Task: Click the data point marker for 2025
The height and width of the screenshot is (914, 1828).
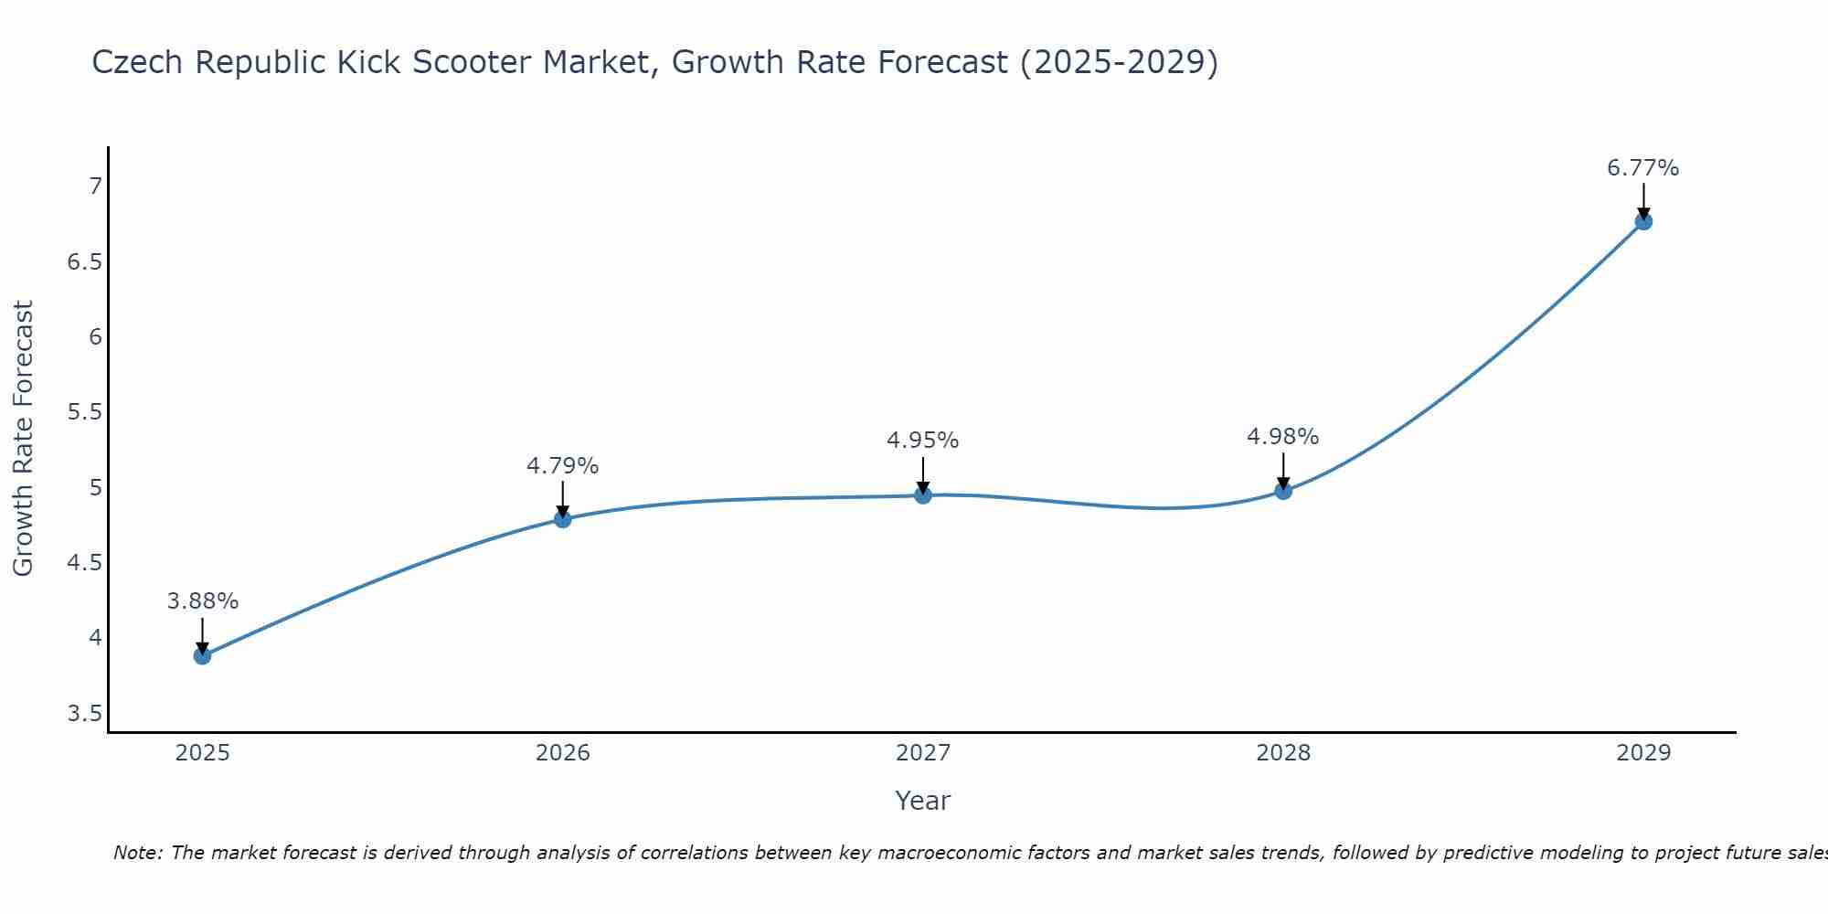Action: click(x=202, y=655)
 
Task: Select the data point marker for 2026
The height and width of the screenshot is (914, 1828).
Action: click(x=562, y=519)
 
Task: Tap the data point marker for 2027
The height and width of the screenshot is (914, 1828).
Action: click(x=922, y=495)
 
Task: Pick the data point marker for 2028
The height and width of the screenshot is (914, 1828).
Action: click(x=1282, y=491)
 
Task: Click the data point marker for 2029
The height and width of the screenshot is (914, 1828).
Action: click(x=1642, y=221)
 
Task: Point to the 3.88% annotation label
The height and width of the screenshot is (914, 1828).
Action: click(x=202, y=601)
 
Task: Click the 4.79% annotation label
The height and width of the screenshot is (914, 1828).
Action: click(x=562, y=466)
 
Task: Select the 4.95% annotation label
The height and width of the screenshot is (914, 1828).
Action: click(x=922, y=441)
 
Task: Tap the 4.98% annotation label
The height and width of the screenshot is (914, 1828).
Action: click(x=1282, y=437)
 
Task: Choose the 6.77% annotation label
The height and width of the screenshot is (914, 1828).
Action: click(x=1642, y=168)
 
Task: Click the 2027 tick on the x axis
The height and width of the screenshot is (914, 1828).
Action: click(x=922, y=753)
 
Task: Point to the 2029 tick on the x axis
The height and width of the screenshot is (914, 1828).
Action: click(x=1642, y=753)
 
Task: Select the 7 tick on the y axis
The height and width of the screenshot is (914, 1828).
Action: click(x=95, y=186)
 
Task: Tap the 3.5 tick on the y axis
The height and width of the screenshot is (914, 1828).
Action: click(x=84, y=713)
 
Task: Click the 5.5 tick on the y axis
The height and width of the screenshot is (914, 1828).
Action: click(x=84, y=412)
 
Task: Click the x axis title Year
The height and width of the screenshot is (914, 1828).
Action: click(x=922, y=801)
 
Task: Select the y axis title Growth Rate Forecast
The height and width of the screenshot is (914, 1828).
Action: click(x=23, y=439)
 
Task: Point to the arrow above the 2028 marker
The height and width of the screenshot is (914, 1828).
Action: click(x=1282, y=471)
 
